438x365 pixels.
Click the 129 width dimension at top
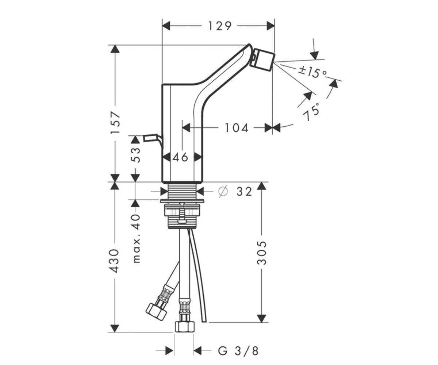point(220,26)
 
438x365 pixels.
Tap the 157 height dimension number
point(115,123)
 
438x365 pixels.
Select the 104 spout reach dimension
point(237,128)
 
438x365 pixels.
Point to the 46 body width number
point(180,157)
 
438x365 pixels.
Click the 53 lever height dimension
point(135,155)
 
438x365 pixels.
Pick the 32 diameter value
point(244,192)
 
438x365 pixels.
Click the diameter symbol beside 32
point(223,191)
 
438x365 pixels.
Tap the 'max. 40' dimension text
point(136,238)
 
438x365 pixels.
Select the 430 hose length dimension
point(115,261)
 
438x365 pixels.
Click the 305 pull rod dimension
point(262,253)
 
